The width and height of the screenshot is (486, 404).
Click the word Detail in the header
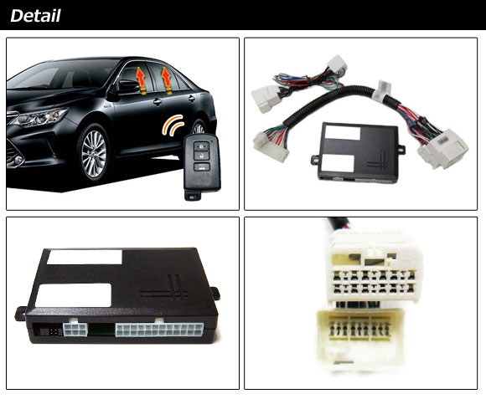tap(35, 16)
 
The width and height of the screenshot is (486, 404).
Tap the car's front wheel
tap(94, 154)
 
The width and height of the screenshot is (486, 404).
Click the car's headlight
tap(39, 117)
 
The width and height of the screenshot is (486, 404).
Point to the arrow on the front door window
tap(141, 81)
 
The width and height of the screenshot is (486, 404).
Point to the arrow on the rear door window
tap(167, 81)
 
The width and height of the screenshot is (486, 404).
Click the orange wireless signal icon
tap(173, 125)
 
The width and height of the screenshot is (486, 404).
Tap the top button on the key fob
tap(202, 146)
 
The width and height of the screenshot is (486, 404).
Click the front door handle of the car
tap(158, 101)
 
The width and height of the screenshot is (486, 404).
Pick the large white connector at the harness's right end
tap(442, 148)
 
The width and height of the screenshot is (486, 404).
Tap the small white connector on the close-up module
tap(75, 330)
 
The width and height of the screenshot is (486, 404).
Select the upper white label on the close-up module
tap(85, 257)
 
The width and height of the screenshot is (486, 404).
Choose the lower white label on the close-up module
tap(73, 295)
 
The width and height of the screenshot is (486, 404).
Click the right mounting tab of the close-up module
tap(215, 293)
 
